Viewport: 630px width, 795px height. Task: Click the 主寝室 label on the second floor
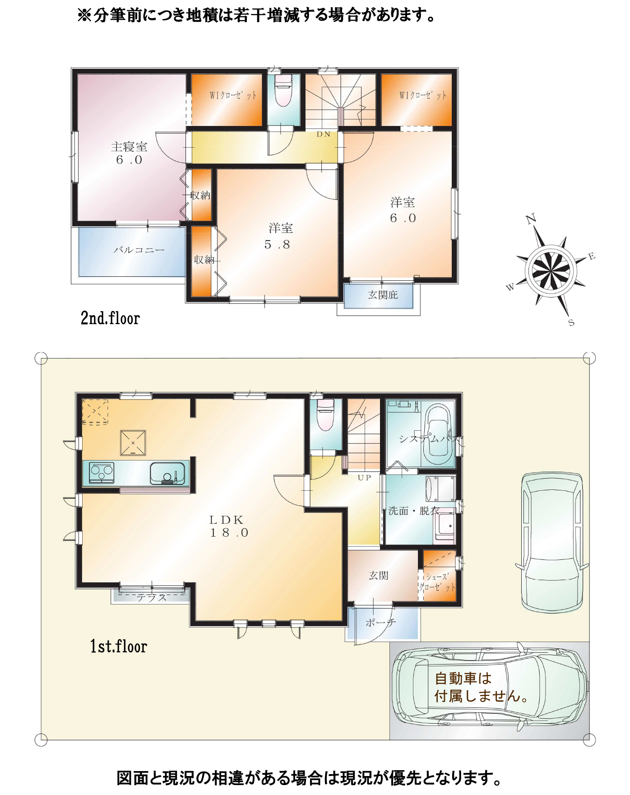coord(129,147)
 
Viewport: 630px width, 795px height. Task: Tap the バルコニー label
coord(139,250)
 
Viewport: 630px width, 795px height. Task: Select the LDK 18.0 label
coord(229,526)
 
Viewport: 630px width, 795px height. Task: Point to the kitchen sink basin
coord(167,473)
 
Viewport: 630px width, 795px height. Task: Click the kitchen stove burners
coord(102,473)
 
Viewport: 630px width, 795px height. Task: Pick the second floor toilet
coord(283,90)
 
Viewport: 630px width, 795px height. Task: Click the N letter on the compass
coord(531,219)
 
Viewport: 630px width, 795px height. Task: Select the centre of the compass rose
coord(551,271)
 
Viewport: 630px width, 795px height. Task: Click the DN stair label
coord(324,134)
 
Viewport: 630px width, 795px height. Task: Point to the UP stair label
coord(364,477)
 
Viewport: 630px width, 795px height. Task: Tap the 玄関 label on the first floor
coord(378,576)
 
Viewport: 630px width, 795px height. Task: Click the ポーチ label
coord(380,623)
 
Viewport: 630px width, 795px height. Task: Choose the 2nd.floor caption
coord(110,318)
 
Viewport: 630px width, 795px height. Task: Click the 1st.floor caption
coord(119,646)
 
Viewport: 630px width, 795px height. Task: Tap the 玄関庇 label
coord(383,295)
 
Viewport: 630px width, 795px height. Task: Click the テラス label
coord(152,597)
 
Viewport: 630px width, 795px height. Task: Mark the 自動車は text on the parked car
coord(463,678)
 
